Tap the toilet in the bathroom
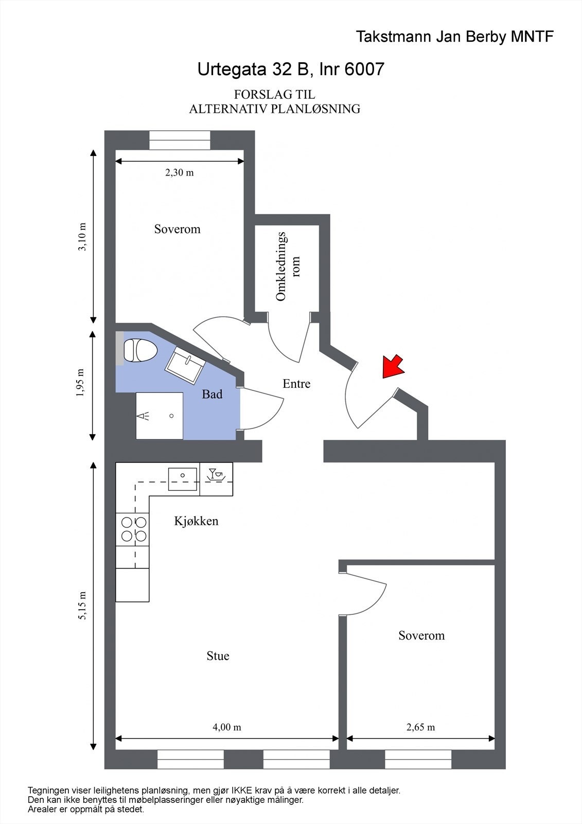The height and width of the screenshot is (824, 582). pos(140,350)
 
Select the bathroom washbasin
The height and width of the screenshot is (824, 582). pos(185,365)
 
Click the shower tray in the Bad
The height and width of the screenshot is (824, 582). pos(160,416)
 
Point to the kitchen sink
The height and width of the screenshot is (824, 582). pos(183,478)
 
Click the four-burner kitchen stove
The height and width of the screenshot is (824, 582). pos(133,529)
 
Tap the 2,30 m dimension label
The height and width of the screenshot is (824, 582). pos(179,173)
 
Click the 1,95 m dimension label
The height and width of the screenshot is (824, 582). pos(80,383)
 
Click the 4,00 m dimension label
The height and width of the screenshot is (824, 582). pos(226,727)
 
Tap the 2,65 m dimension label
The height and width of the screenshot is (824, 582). pos(420,727)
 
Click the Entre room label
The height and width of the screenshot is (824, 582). pos(296,384)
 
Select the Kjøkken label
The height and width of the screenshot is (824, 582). pos(196,521)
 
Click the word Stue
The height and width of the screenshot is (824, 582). pos(218,656)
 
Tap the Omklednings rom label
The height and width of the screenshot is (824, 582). pos(287,266)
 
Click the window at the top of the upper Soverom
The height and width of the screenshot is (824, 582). pos(180,140)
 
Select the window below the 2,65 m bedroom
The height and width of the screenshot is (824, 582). pos(418,759)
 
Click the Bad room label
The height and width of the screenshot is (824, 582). pos(212,394)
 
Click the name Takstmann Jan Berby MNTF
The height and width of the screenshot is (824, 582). pos(454,37)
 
